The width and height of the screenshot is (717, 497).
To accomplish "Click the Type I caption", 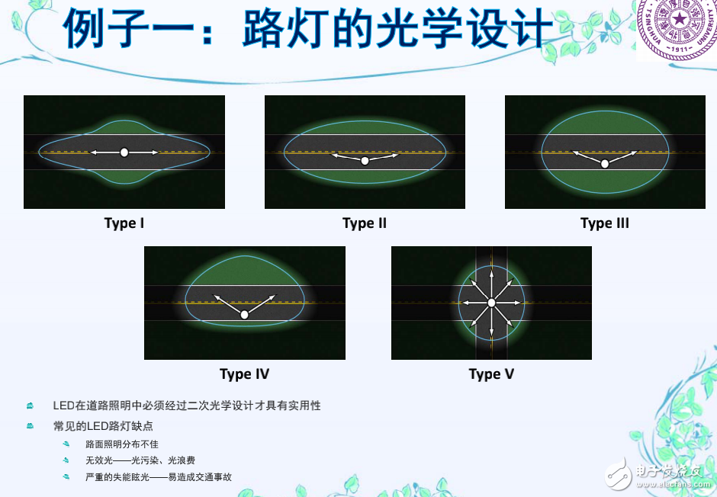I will (124, 223).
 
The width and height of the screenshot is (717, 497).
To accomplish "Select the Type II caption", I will (365, 223).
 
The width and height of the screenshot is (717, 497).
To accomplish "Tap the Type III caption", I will (605, 223).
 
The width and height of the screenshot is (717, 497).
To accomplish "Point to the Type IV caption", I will (244, 374).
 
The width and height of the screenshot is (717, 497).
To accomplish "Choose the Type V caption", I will (491, 374).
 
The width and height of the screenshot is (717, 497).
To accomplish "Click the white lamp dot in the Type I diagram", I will (124, 152).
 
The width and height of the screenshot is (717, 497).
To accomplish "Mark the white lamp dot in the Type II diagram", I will (365, 160).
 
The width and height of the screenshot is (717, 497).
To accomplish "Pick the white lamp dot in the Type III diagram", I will (605, 163).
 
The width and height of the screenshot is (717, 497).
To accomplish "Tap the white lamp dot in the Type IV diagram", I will (244, 314).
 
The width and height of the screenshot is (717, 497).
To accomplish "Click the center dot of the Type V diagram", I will (491, 303).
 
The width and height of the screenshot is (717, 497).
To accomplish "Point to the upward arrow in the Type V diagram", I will (491, 276).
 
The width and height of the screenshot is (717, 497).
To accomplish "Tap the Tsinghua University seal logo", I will (674, 30).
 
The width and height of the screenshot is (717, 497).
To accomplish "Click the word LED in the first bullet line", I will (63, 406).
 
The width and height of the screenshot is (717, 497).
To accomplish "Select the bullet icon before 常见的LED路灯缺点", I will (30, 425).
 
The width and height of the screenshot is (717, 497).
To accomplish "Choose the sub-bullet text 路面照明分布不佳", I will (122, 444).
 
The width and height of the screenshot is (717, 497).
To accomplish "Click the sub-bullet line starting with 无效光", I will (140, 460).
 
